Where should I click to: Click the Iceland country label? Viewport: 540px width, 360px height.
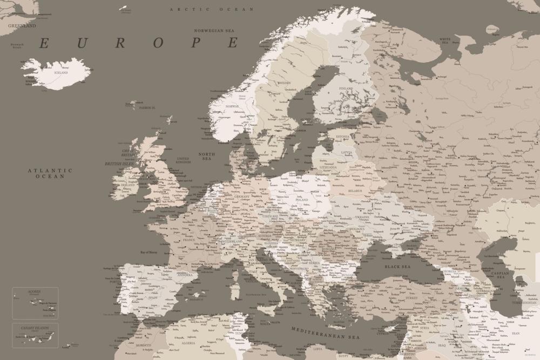coord(61,72)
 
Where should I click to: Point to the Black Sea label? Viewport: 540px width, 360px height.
coord(397,267)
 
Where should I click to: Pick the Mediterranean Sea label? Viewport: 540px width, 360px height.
coord(325,333)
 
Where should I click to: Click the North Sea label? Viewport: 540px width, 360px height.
coord(206,157)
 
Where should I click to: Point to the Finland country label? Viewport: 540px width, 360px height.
coord(346,89)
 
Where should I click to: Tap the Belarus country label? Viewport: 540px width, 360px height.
coord(355,191)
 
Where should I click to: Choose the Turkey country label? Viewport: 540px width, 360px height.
coord(412,298)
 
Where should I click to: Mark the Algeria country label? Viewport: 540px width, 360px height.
coord(188,343)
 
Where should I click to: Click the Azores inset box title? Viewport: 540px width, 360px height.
coord(35,291)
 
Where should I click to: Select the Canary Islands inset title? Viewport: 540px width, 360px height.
coord(35,328)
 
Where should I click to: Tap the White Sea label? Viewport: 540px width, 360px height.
coord(445,39)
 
